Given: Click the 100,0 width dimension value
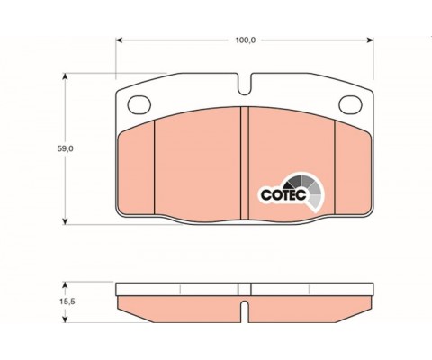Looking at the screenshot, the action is (245, 40).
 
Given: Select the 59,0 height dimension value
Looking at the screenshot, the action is (66, 148).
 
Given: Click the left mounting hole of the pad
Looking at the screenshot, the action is (139, 104).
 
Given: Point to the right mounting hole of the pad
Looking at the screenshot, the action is (350, 104).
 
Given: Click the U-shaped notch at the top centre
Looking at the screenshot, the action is (245, 84).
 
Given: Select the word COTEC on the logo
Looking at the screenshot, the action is (283, 194).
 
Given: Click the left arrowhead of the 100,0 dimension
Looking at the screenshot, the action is (119, 40).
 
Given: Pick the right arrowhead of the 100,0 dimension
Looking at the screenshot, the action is (370, 40).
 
